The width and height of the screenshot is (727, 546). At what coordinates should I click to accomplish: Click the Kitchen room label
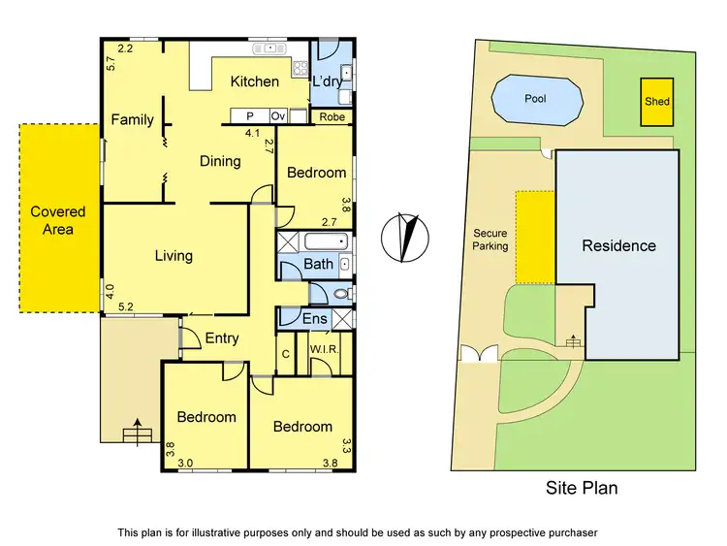click(254, 82)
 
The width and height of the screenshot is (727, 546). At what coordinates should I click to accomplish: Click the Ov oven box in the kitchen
click(277, 116)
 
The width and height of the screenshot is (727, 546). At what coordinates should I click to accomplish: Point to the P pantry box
click(248, 116)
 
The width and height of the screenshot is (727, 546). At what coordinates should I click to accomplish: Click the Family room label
click(132, 120)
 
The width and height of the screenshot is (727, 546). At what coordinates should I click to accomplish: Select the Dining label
click(220, 161)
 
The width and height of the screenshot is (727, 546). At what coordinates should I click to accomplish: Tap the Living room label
click(174, 256)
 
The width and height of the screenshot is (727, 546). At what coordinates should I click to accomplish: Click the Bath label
click(319, 264)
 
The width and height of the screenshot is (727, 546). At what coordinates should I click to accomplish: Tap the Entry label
click(222, 337)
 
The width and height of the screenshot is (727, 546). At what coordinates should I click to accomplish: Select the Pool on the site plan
click(535, 99)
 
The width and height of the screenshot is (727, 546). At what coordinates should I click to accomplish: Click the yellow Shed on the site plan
click(656, 101)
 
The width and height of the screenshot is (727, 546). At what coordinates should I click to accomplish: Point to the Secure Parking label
click(490, 240)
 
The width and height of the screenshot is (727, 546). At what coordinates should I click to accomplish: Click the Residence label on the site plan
click(618, 246)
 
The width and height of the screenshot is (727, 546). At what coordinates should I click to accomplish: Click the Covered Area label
click(57, 220)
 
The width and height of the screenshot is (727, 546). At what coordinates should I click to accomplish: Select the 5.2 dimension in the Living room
click(126, 307)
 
